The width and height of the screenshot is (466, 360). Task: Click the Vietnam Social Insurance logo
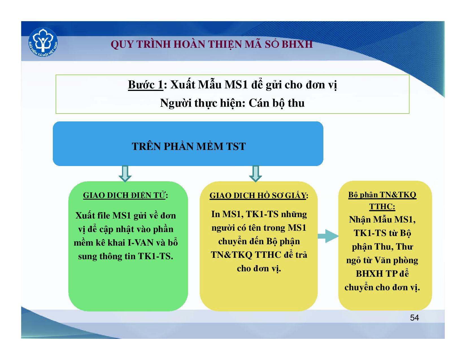pos(43,42)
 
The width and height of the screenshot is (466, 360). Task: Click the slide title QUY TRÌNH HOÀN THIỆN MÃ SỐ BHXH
pos(212,44)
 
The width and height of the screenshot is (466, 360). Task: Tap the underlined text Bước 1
pos(146,85)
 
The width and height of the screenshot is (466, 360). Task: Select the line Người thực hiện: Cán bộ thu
pos(232,103)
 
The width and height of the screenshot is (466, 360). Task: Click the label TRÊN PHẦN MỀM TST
pos(189,146)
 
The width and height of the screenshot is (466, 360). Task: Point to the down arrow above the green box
pos(125,173)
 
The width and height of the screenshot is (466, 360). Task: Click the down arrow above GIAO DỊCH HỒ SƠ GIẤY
pos(255,173)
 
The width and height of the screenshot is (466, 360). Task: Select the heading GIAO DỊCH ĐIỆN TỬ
pos(124,195)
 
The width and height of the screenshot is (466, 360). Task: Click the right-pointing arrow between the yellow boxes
pos(328,236)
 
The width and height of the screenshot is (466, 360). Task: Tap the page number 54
pos(414,318)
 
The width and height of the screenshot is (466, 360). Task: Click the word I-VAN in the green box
pos(140,243)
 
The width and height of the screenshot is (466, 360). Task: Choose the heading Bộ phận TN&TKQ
pos(382,195)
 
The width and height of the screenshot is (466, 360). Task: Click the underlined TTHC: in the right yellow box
pos(382,206)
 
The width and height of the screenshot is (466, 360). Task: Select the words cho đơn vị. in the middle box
pos(259,269)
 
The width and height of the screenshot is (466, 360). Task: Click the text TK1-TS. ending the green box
pos(156,256)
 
